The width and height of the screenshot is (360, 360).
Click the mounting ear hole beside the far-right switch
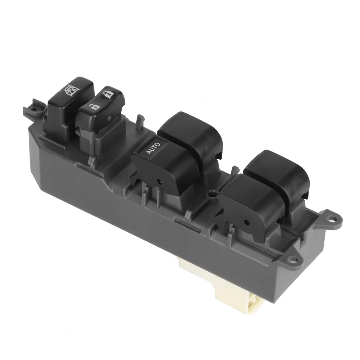tap(332, 218)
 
